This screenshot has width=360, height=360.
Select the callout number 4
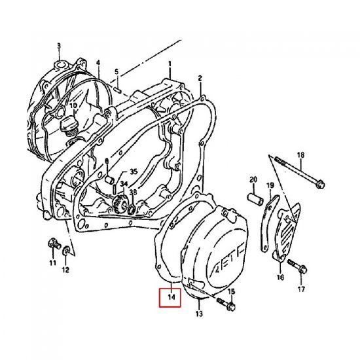[98, 63]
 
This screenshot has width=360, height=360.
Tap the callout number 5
[116, 71]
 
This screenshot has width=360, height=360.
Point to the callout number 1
[169, 64]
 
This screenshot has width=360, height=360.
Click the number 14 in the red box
[172, 298]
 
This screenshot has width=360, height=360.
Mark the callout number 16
[280, 277]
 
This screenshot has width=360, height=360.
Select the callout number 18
[301, 154]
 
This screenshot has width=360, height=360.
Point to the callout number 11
[52, 263]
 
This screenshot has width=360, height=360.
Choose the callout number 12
[65, 269]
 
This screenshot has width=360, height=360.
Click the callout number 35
[134, 171]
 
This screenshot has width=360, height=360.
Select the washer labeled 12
[66, 251]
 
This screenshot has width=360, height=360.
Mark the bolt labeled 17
[293, 268]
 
